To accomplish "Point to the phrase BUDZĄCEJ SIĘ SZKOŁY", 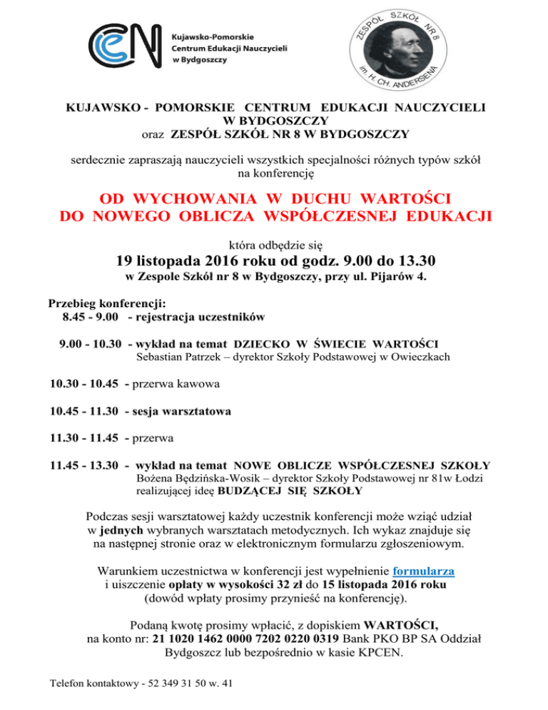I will pos(289,491).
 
